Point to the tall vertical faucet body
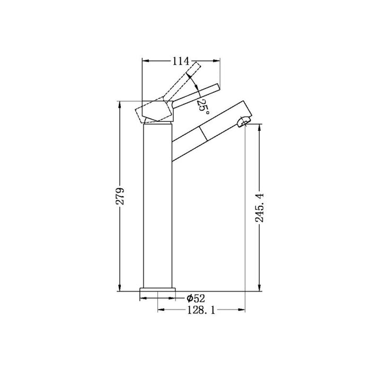(x=157, y=207)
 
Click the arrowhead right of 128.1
(x=244, y=308)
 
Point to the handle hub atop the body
(x=157, y=111)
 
